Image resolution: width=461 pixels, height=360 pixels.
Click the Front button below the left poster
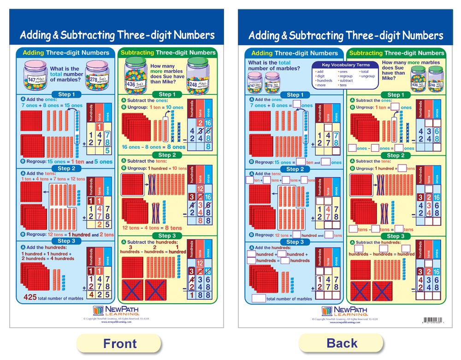click(119, 343)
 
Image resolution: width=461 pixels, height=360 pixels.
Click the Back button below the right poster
click(342, 342)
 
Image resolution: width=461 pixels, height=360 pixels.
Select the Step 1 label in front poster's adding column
click(66, 94)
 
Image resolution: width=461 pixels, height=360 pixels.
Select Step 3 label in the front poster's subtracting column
click(167, 236)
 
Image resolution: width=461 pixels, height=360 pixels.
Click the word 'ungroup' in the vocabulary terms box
click(367, 76)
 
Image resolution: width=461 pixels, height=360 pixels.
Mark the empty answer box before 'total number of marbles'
click(259, 298)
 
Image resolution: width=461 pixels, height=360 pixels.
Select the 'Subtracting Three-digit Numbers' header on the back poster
click(396, 53)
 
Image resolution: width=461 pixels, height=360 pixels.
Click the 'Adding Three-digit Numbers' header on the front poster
click(66, 53)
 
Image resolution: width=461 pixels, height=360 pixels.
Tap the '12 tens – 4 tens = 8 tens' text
click(152, 228)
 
